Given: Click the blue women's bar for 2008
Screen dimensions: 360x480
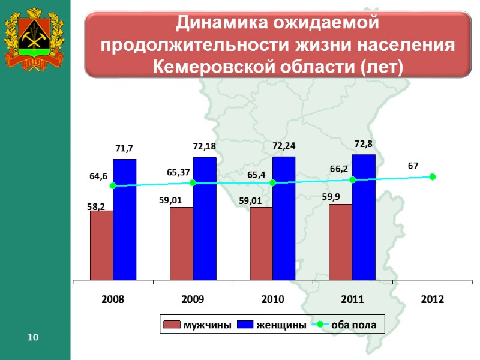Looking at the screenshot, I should click(x=124, y=219).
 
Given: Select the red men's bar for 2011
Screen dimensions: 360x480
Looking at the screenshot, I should click(x=340, y=242).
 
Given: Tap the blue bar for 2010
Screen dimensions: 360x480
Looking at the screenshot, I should click(x=284, y=218).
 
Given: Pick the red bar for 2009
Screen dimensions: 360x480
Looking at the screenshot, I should click(x=181, y=243).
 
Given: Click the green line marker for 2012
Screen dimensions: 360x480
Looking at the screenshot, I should click(x=433, y=176).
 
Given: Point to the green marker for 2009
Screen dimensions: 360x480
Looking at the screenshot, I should click(x=193, y=183).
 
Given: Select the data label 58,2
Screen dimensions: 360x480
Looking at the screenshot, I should click(x=96, y=206).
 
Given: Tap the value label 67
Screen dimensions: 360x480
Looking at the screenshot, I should click(x=413, y=164).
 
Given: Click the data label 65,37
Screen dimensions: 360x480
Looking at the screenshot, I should click(x=179, y=172).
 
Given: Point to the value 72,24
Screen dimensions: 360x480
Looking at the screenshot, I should click(x=284, y=146).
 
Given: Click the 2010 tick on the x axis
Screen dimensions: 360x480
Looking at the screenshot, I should click(x=272, y=299).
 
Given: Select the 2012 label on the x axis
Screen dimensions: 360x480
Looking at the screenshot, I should click(x=432, y=299).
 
